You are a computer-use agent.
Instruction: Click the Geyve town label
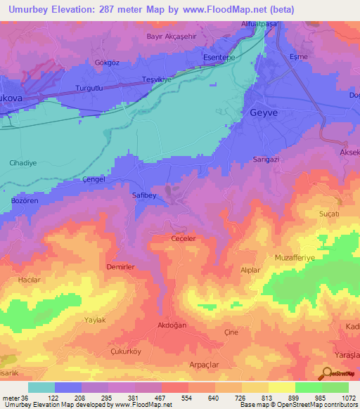265,112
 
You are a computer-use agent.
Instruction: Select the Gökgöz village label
108,62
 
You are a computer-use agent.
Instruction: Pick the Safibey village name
143,196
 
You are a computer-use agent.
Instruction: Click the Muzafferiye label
300,258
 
